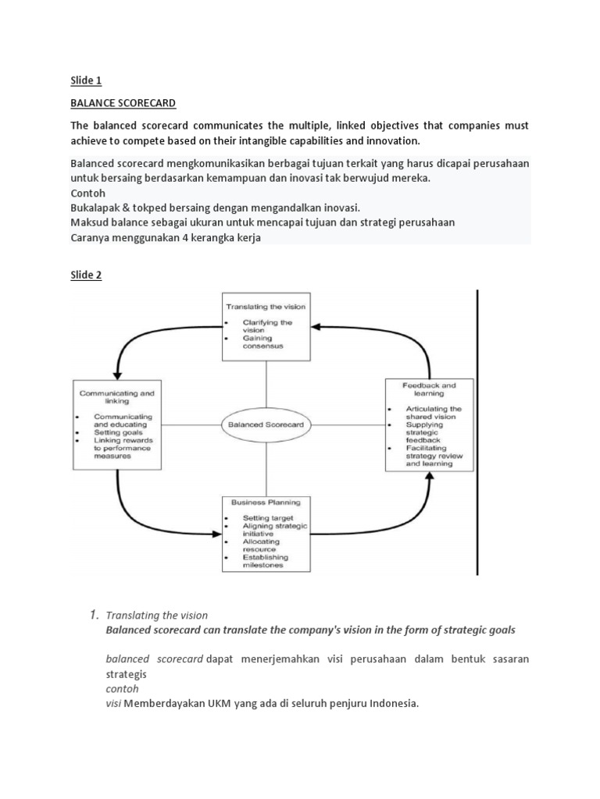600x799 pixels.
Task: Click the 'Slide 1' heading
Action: click(86, 80)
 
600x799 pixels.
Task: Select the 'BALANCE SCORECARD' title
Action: click(123, 103)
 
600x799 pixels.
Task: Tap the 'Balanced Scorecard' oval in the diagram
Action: click(266, 425)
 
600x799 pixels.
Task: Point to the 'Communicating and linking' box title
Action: click(113, 398)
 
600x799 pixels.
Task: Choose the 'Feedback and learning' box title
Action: click(429, 389)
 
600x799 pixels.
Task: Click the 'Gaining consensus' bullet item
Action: click(257, 342)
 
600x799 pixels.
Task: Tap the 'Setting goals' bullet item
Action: click(114, 431)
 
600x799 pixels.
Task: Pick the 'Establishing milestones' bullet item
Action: click(266, 561)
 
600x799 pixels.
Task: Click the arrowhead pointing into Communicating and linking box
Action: click(117, 375)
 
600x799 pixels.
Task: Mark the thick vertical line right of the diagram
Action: click(477, 433)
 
